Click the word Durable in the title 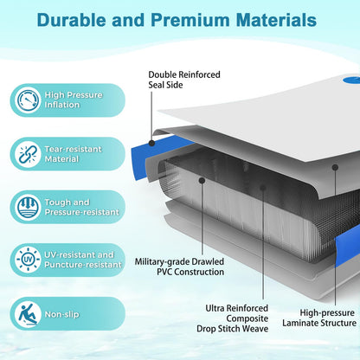(x=71, y=20)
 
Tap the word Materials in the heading (x=276, y=20)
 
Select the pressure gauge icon (x=28, y=100)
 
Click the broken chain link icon (x=28, y=154)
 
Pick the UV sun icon (x=28, y=260)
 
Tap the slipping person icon (x=28, y=313)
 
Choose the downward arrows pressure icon (x=28, y=207)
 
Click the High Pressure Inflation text (x=74, y=100)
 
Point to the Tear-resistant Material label (x=73, y=154)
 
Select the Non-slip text (x=61, y=314)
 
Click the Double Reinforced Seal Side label (x=184, y=80)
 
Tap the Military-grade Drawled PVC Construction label (x=179, y=267)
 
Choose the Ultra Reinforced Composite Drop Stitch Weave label (x=232, y=318)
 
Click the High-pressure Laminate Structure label (x=319, y=318)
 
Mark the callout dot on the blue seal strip (x=151, y=143)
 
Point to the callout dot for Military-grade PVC (x=202, y=181)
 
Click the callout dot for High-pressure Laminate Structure (x=335, y=167)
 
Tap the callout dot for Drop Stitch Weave (x=263, y=188)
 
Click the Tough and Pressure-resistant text (x=81, y=207)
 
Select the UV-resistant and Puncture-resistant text (x=83, y=260)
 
